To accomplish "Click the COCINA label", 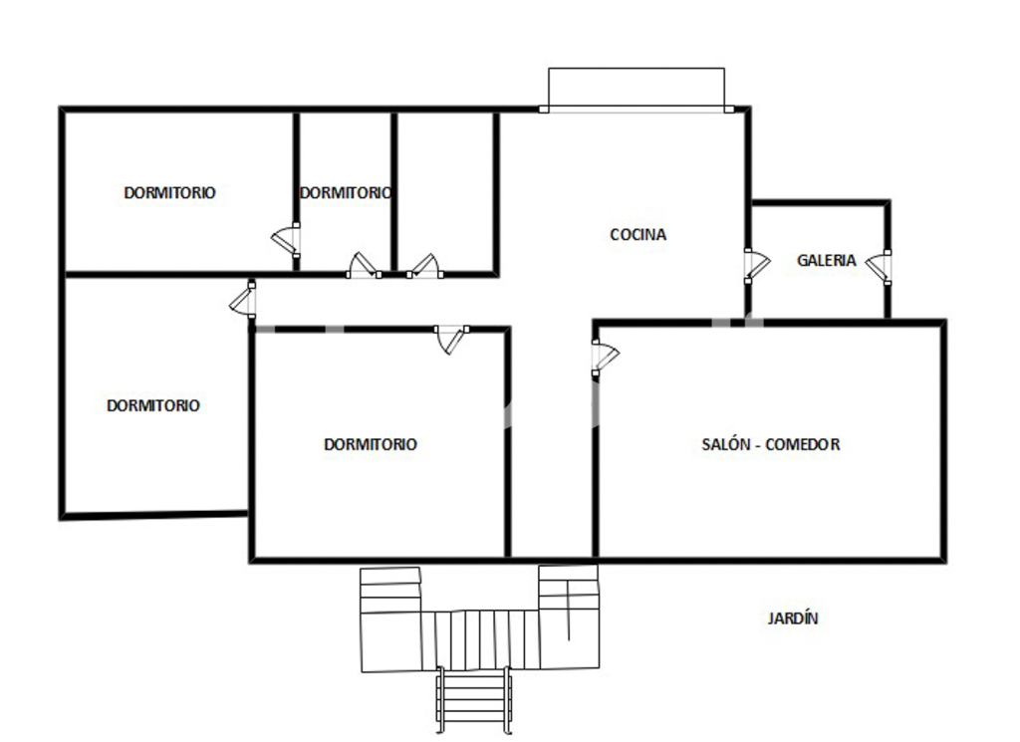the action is point(637,234).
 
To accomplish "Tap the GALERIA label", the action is point(826,260).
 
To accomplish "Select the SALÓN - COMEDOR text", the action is point(770,444).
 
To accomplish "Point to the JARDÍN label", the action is point(792,618).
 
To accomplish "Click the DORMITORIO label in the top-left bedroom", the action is point(169,192).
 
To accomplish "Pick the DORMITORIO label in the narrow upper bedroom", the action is point(346,192).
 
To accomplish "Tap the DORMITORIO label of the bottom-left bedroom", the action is point(152,405).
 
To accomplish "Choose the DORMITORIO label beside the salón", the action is point(371,444).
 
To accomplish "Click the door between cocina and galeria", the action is point(756,265).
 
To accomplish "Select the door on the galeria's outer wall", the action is point(879,267).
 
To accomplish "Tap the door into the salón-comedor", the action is point(605,358).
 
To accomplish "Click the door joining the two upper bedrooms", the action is point(287,241).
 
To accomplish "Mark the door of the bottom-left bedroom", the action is point(243,299).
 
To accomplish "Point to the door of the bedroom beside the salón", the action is point(452,339).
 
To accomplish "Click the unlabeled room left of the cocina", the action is point(445,192).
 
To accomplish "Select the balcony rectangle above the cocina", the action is point(637,89).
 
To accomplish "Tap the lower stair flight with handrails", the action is point(473,700).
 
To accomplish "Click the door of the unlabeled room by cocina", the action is point(424,267).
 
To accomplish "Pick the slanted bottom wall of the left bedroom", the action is point(154,515).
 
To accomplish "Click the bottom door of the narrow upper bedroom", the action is point(364,266).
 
